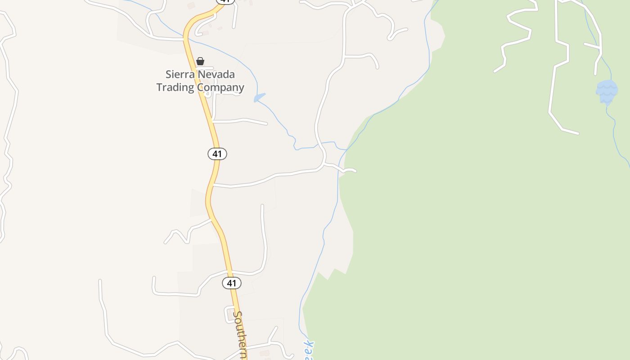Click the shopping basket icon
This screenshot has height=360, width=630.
pos(200,61)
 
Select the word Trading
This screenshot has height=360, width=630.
pos(175,87)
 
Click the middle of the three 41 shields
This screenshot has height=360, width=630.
pos(217,154)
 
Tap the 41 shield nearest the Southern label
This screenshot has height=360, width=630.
pos(231,283)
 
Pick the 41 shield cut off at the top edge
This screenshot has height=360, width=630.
pos(225,1)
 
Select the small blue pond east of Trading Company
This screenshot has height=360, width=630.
pos(259,97)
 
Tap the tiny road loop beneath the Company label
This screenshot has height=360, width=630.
pos(207,94)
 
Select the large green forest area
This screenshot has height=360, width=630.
pos(472,225)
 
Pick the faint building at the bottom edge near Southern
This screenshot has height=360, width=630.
pos(265,353)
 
